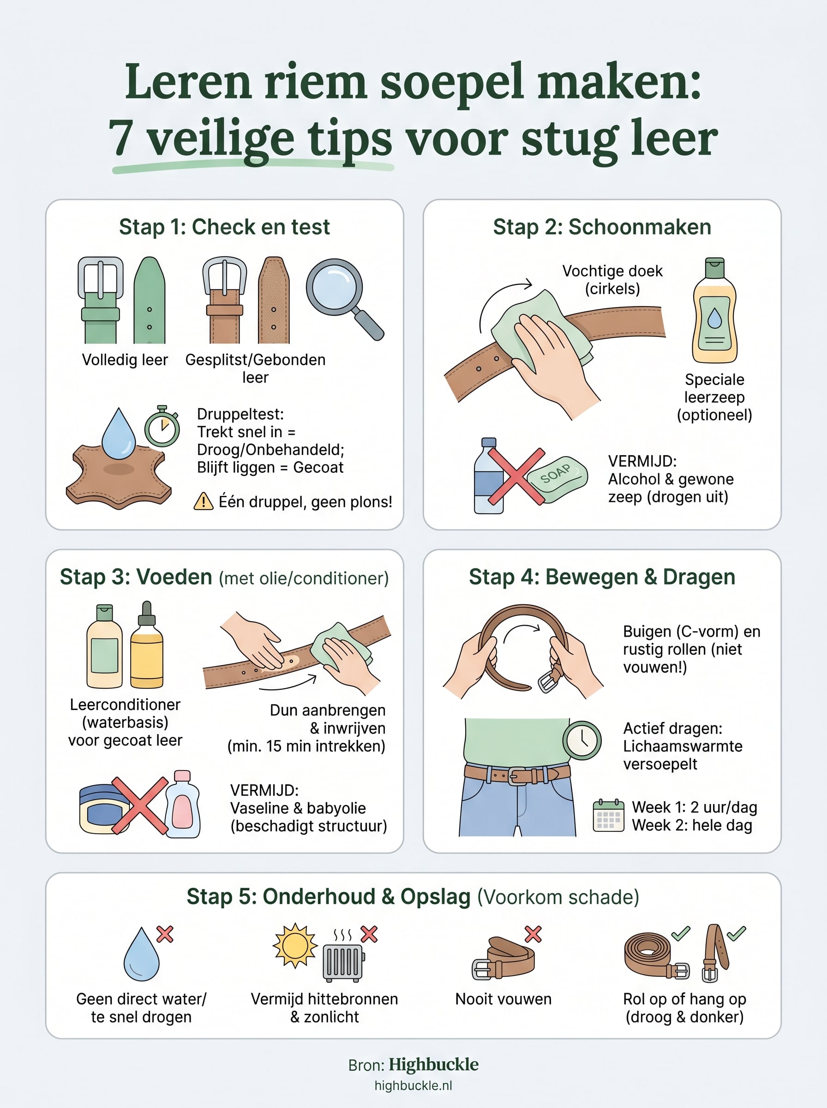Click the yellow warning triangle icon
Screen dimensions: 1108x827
tap(203, 501)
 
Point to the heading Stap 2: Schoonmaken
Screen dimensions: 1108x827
tap(602, 227)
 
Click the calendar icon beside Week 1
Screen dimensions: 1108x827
tap(608, 816)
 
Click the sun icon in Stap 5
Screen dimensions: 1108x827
tap(295, 945)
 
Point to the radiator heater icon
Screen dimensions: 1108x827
tap(343, 962)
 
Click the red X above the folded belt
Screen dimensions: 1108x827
tap(533, 934)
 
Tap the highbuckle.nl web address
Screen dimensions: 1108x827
tap(413, 1085)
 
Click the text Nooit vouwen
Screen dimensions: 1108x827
tap(503, 999)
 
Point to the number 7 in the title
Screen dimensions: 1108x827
tap(122, 138)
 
